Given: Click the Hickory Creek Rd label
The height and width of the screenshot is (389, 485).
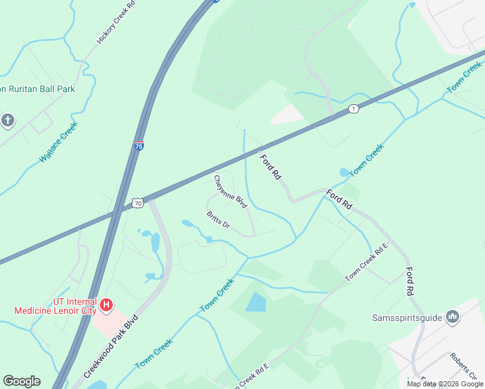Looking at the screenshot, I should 116,23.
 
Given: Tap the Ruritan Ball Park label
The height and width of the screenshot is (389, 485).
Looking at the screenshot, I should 38,89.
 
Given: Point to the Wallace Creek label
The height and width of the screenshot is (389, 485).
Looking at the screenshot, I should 58,141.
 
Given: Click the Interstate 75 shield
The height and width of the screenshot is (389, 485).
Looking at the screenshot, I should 139,146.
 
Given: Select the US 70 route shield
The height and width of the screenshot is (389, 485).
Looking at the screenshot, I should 137,203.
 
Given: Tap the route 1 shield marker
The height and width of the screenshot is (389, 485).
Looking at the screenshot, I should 353,108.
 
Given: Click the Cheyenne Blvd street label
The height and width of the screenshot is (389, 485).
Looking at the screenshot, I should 231,191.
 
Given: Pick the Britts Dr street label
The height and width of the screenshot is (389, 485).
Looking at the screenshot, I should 219,220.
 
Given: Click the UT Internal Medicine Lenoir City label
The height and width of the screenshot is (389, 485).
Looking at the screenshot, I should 56,306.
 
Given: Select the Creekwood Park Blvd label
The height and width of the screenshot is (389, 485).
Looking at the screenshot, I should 112,347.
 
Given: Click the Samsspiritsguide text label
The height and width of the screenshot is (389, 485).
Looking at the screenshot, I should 407,318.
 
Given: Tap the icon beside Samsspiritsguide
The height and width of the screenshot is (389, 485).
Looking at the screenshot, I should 453,317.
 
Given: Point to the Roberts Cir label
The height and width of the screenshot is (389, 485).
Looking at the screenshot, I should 464,366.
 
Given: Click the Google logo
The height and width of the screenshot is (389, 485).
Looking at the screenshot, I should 21,381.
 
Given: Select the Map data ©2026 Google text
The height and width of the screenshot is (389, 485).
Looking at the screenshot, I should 445,384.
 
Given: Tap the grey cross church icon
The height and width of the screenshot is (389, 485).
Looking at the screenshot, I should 7,120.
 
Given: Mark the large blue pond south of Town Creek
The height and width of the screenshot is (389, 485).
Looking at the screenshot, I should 256,302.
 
